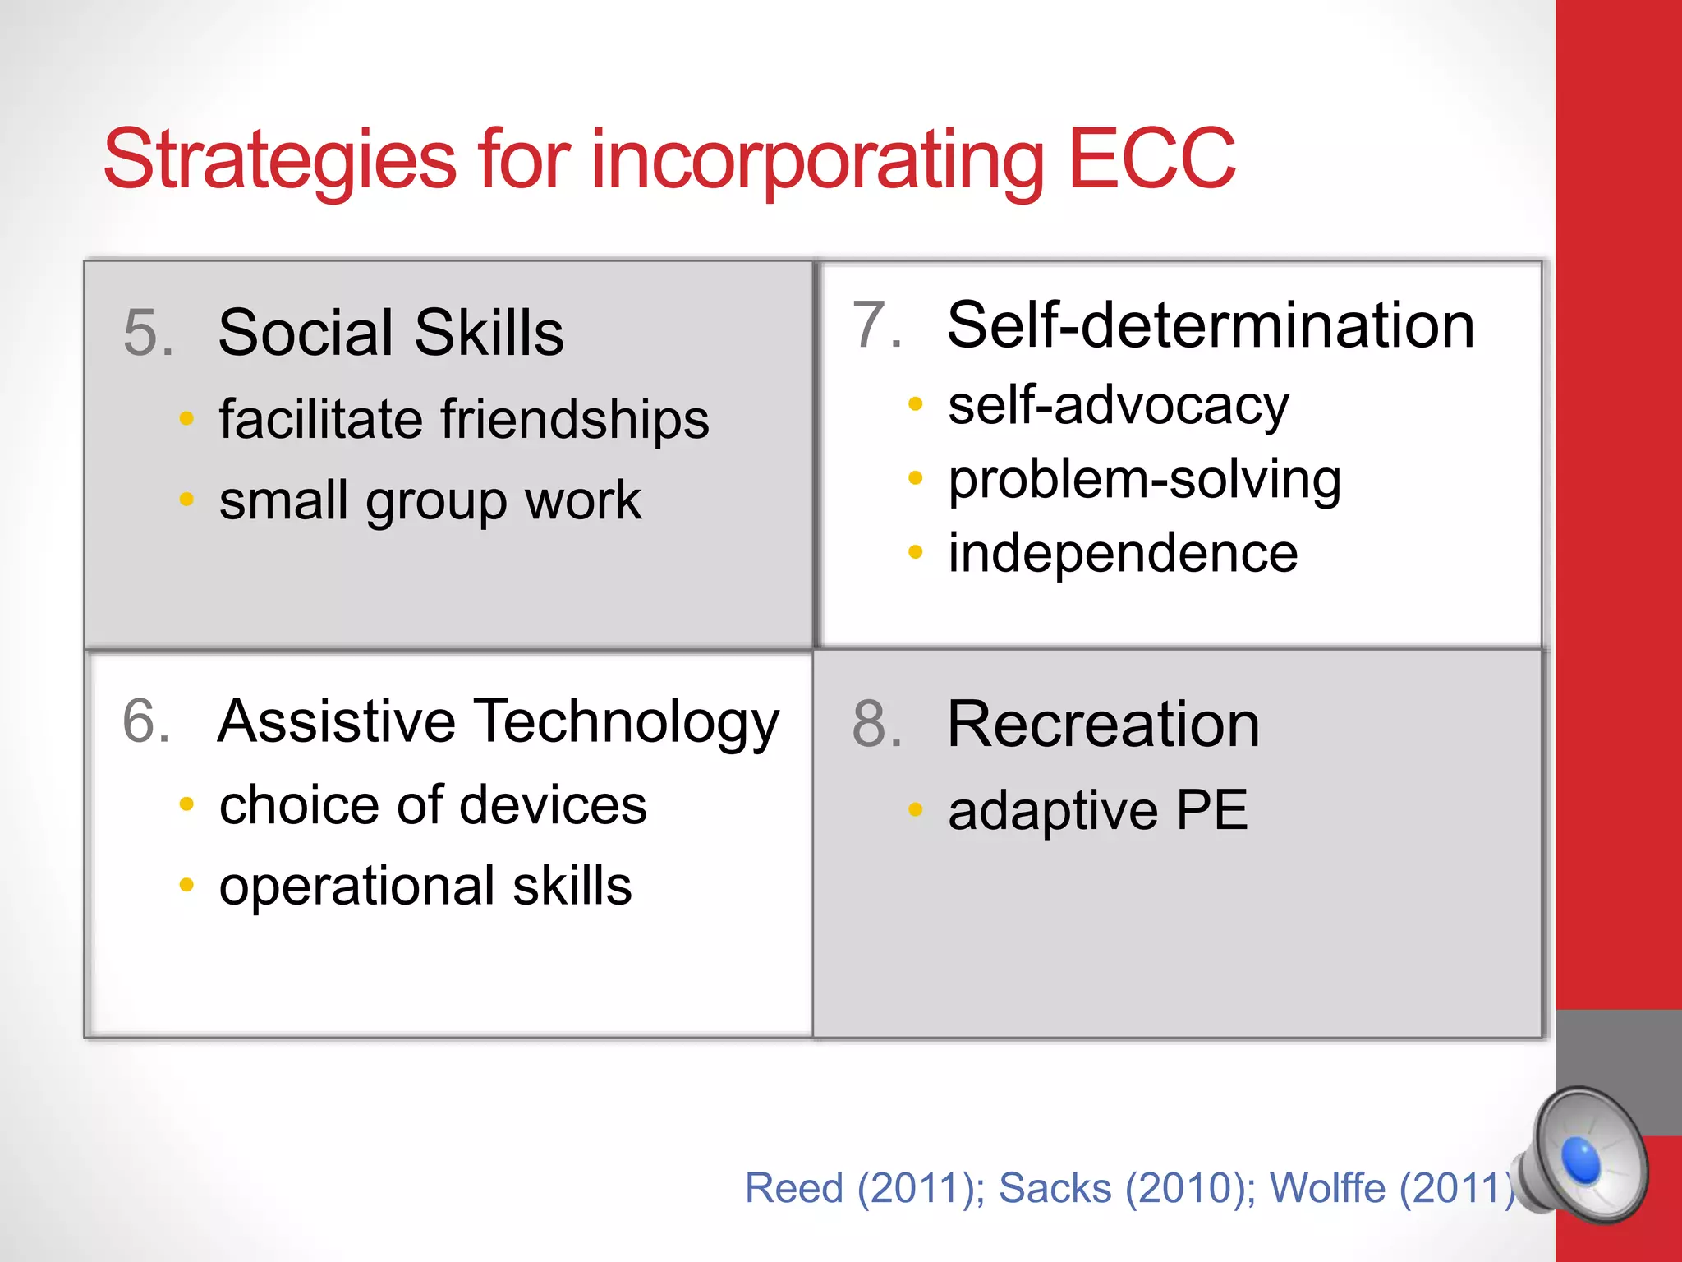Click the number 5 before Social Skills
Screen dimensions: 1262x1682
pyautogui.click(x=147, y=334)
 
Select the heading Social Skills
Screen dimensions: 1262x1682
pyautogui.click(x=391, y=333)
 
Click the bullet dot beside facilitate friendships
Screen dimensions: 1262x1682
pyautogui.click(x=186, y=419)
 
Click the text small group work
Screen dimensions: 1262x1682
pyautogui.click(x=430, y=501)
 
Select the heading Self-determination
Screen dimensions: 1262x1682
pyautogui.click(x=1211, y=325)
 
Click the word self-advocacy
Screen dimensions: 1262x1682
pyautogui.click(x=1118, y=406)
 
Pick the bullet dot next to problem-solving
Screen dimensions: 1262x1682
pyautogui.click(x=916, y=478)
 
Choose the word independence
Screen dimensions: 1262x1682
pyautogui.click(x=1123, y=552)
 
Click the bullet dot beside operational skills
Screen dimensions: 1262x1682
pyautogui.click(x=186, y=886)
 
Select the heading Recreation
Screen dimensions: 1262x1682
pyautogui.click(x=1103, y=725)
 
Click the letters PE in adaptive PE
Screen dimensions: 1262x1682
pyautogui.click(x=1211, y=810)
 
